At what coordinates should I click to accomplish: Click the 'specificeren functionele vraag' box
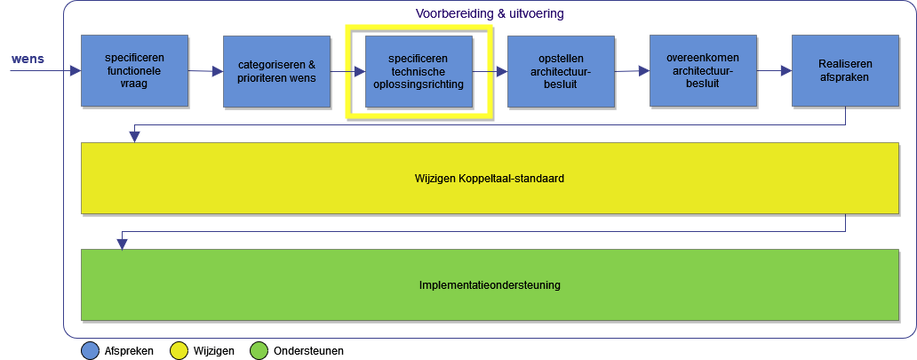134,71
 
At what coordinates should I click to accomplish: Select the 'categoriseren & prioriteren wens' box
276,71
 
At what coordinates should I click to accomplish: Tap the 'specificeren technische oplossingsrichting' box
419,71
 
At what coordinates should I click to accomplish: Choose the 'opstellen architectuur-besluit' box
561,71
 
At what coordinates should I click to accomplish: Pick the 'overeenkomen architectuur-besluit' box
703,71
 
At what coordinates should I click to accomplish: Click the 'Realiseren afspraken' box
845,71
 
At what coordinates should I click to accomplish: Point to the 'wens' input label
28,60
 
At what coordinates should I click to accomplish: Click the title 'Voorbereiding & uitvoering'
490,14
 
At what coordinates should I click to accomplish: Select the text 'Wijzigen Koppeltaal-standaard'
490,178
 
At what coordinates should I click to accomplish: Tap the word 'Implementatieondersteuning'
490,285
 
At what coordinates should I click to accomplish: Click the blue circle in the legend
90,350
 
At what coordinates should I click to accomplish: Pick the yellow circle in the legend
179,350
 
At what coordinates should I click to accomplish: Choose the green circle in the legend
259,350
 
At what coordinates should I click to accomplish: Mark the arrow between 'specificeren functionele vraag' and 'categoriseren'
205,71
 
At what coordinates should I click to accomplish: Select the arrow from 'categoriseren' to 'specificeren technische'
347,71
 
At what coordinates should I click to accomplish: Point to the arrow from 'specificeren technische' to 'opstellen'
490,71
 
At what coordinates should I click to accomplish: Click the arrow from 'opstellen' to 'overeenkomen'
632,71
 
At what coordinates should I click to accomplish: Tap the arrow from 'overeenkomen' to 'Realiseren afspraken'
774,70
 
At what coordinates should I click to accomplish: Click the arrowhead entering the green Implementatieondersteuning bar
123,244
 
